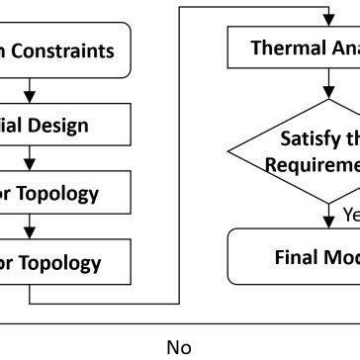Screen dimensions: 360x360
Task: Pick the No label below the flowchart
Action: click(x=179, y=347)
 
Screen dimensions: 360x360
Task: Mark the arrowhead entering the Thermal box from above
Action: click(x=326, y=22)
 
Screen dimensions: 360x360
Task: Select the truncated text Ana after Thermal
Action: click(x=342, y=47)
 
